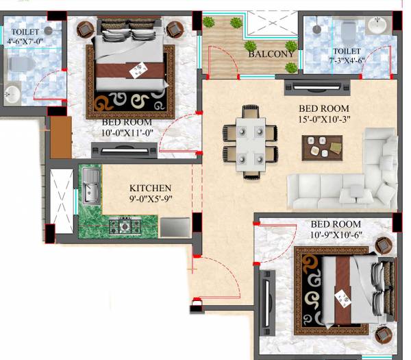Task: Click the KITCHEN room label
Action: [151, 188]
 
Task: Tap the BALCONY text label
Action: [271, 53]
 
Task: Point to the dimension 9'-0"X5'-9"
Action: [151, 200]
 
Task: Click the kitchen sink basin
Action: [90, 188]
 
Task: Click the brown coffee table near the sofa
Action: [323, 146]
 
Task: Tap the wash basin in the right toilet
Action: [376, 25]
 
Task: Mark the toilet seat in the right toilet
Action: [347, 30]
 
